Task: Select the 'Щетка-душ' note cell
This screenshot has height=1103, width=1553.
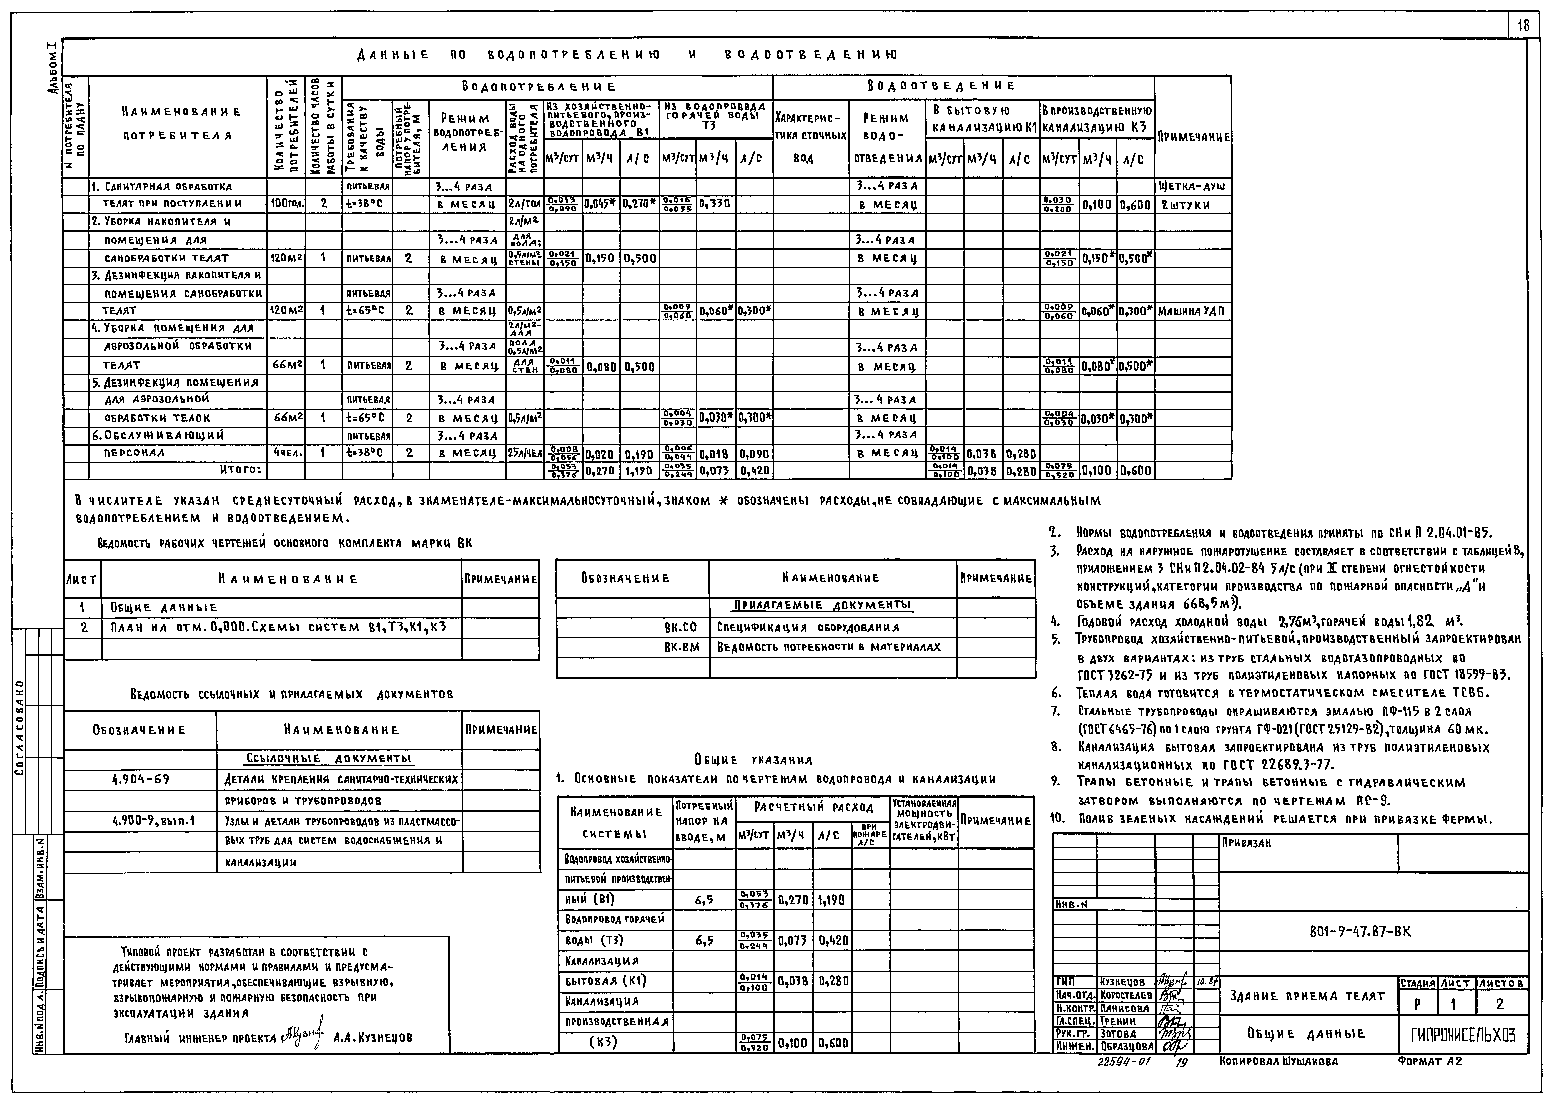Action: pyautogui.click(x=1192, y=186)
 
